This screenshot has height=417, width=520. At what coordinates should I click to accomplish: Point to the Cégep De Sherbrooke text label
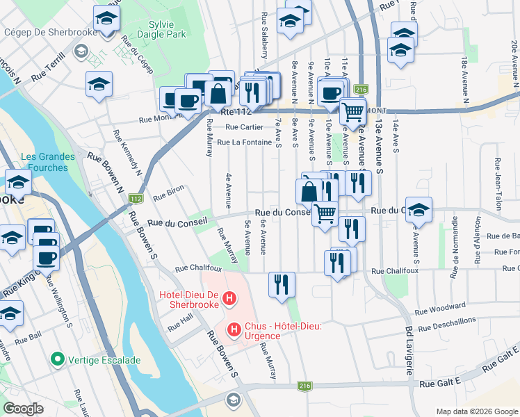[x=40, y=32]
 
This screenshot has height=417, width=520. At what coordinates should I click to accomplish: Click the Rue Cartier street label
[x=244, y=126]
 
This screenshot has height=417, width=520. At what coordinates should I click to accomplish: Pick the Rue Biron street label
[x=168, y=189]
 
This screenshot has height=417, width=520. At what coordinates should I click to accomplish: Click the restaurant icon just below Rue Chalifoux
[x=282, y=285]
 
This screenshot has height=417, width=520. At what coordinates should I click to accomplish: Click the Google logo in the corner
[x=23, y=409]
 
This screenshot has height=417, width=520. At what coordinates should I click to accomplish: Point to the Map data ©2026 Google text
[x=476, y=411]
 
